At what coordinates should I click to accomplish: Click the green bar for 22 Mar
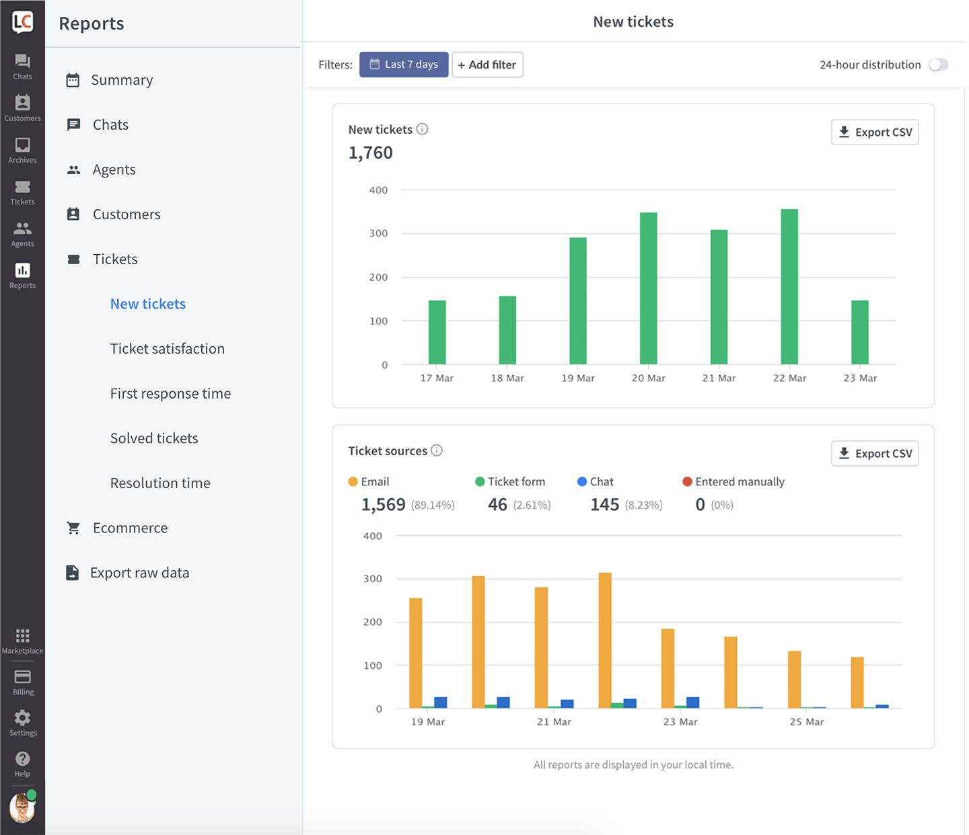pyautogui.click(x=789, y=286)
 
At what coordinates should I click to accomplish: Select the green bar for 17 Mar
pyautogui.click(x=437, y=332)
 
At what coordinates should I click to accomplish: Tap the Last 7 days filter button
pyautogui.click(x=404, y=65)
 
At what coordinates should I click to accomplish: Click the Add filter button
pyautogui.click(x=487, y=65)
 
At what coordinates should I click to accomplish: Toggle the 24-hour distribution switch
pyautogui.click(x=939, y=65)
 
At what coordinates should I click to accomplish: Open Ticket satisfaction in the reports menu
pyautogui.click(x=168, y=348)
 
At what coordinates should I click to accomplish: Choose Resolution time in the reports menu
pyautogui.click(x=160, y=483)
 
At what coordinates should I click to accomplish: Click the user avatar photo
pyautogui.click(x=22, y=807)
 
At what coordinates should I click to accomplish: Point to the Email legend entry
pyautogui.click(x=369, y=481)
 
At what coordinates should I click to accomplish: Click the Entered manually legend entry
pyautogui.click(x=733, y=481)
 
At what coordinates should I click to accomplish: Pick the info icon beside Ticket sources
pyautogui.click(x=437, y=450)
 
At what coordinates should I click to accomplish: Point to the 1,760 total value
pyautogui.click(x=370, y=153)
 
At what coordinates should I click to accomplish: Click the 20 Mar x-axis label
pyautogui.click(x=648, y=378)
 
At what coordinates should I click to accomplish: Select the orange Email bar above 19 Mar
pyautogui.click(x=416, y=653)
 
